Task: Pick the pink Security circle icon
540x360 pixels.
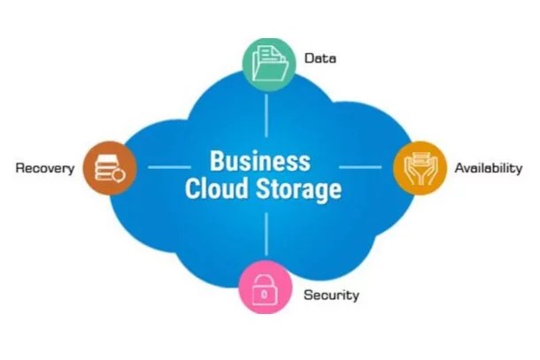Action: click(x=265, y=287)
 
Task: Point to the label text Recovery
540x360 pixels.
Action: click(x=44, y=168)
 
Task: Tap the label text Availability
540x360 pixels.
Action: click(x=488, y=168)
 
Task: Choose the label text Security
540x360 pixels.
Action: click(x=331, y=295)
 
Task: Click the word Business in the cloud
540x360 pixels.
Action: click(x=259, y=162)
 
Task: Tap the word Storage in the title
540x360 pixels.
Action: click(x=301, y=190)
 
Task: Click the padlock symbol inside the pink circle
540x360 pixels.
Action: click(x=265, y=288)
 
